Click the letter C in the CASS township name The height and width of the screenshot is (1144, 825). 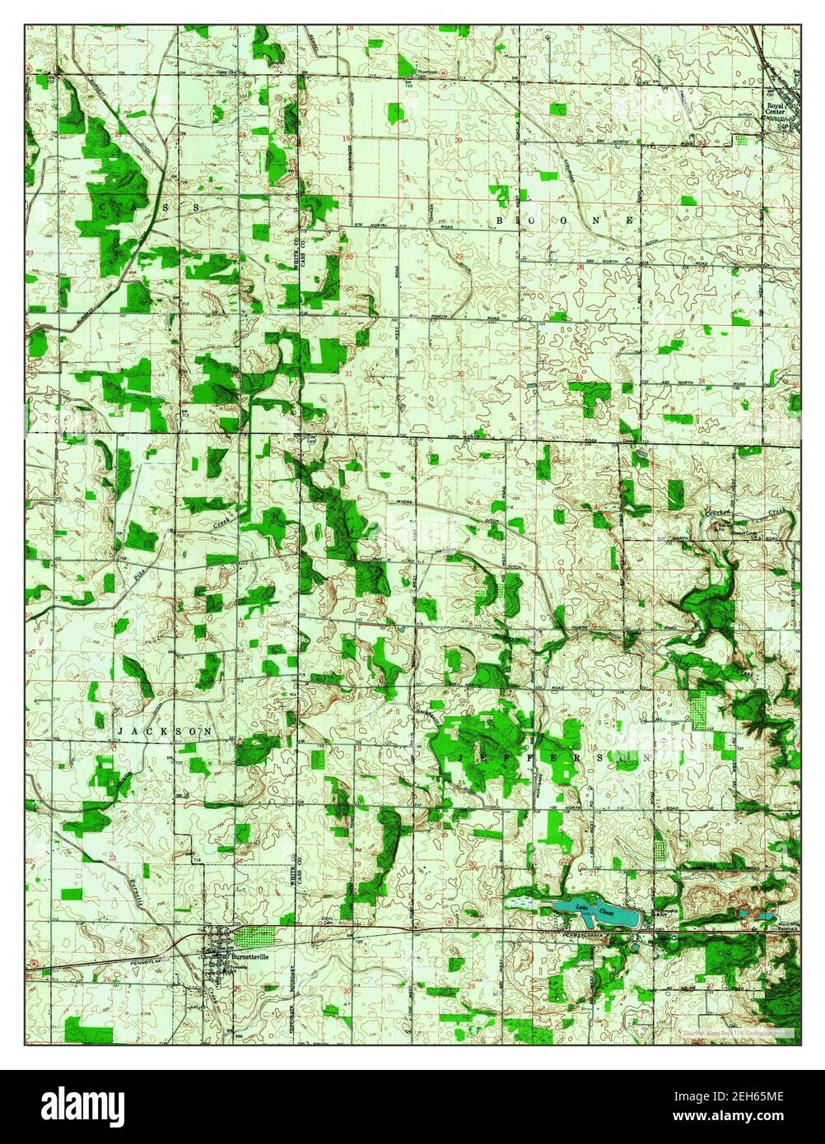coord(101,206)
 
